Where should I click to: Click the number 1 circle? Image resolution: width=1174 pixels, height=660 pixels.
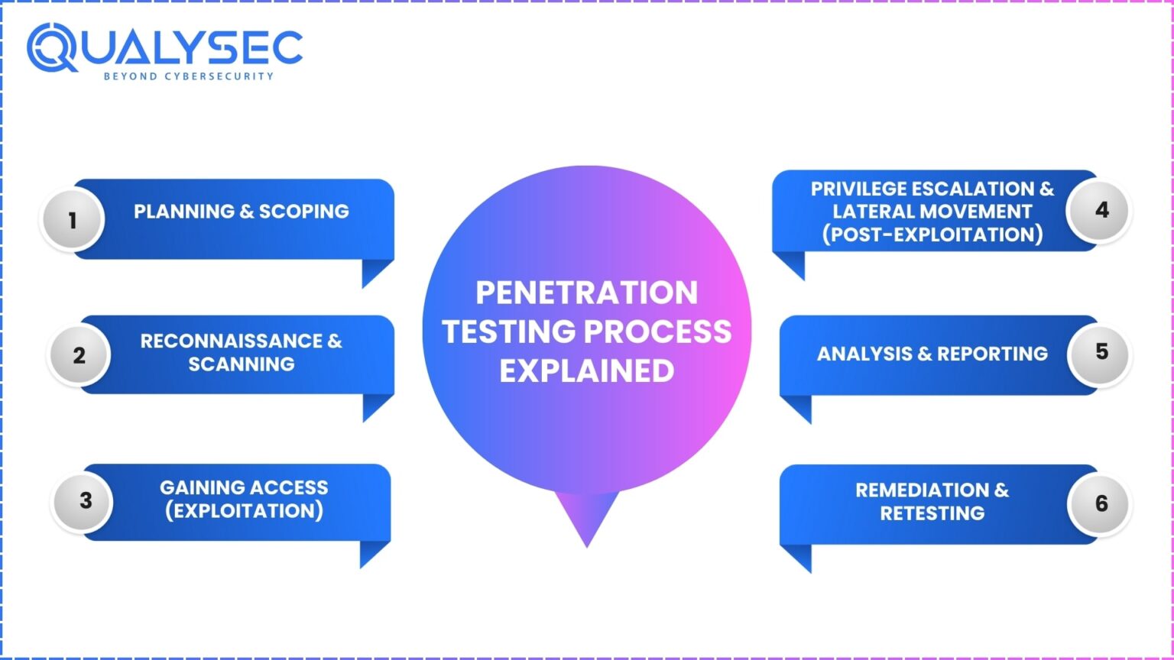point(72,221)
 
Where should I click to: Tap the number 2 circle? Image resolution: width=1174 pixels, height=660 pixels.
point(79,355)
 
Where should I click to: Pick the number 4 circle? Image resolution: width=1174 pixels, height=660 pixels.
point(1101,210)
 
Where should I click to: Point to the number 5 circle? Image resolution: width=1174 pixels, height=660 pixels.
point(1101,351)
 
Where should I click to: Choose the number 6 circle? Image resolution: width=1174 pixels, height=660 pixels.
point(1101,503)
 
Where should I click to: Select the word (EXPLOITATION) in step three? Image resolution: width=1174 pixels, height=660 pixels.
point(244,511)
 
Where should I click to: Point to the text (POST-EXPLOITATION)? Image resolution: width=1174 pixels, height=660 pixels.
point(932,235)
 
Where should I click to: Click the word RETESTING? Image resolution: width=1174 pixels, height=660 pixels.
point(932,513)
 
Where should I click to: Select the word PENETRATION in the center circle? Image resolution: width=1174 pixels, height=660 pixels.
point(586,293)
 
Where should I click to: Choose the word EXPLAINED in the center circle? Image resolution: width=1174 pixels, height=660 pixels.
point(586,370)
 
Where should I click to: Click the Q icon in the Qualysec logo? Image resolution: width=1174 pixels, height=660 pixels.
point(52,47)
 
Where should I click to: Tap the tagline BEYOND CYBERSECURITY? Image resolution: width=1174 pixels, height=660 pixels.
point(188,76)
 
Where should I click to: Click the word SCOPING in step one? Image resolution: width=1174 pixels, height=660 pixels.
point(303,212)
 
